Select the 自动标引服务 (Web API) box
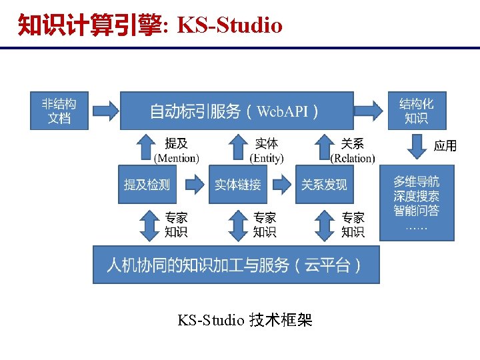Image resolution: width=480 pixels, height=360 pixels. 236,111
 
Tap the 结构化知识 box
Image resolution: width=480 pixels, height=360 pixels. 416,111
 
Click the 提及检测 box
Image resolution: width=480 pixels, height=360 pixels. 147,184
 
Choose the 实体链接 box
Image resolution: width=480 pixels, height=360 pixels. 237,184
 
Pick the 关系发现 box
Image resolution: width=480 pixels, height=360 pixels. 324,184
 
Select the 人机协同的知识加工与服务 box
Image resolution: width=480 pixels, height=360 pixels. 235,265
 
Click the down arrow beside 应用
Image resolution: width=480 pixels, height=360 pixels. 417,146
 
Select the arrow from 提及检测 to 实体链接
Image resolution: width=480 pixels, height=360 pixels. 193,183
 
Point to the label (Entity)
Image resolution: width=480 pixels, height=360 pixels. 267,159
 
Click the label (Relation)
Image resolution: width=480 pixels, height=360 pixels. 353,159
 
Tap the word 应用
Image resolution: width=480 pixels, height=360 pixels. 445,145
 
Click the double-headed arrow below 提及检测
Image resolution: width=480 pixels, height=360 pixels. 147,225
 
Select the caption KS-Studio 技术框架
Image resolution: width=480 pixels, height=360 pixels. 245,321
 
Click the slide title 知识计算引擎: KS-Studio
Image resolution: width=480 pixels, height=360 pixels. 150,25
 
